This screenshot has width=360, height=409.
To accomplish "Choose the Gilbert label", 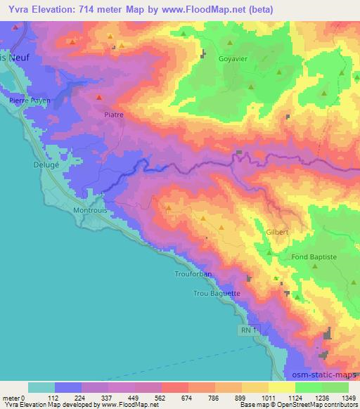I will click(x=278, y=231).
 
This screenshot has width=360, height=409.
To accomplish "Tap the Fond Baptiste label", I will click(x=314, y=257).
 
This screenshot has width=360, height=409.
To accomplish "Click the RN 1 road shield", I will click(x=247, y=329).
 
